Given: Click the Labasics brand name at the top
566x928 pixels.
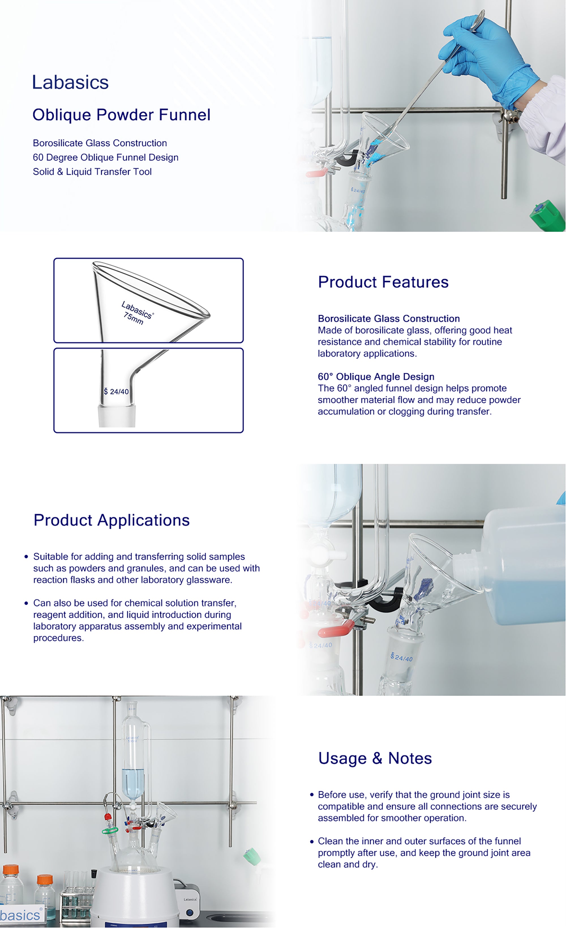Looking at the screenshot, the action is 70,82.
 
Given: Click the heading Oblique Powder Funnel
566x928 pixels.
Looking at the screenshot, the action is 121,115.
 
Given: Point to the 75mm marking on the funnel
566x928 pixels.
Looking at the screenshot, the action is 133,319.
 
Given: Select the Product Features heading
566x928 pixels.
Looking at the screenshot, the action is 383,282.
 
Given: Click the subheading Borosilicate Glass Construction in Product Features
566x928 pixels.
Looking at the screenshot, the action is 389,319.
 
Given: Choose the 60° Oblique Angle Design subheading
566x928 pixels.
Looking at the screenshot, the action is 376,377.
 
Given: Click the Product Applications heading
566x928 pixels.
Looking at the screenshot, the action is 112,520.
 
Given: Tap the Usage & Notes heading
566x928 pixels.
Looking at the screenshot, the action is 375,758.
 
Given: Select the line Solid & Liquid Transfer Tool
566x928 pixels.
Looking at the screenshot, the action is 92,172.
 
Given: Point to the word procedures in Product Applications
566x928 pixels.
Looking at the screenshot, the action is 58,638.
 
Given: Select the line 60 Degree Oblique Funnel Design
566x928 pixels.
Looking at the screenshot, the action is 106,157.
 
